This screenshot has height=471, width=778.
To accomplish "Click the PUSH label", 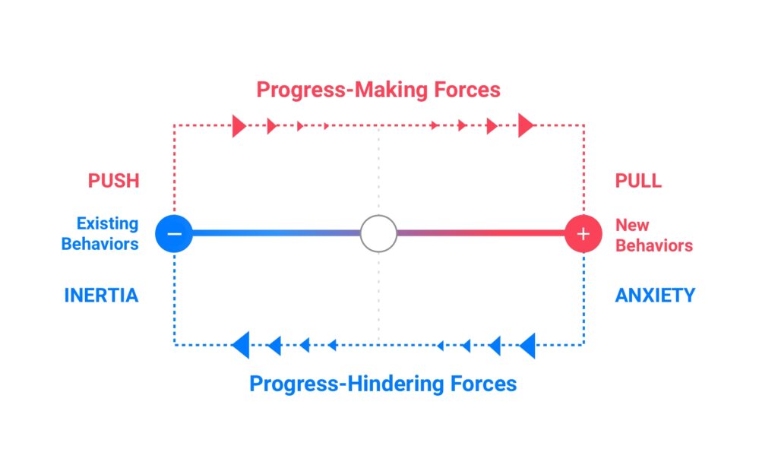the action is point(114,181).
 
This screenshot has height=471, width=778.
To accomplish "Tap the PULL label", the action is point(638,181).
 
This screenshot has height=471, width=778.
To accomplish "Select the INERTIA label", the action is point(101,296).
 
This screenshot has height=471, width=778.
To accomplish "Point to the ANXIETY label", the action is point(655,296).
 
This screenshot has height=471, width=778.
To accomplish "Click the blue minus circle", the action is point(174,234).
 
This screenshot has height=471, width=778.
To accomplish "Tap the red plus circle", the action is point(583,234).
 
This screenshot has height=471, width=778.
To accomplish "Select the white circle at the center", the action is point(378,234).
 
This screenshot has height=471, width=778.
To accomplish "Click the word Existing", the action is point(107,224).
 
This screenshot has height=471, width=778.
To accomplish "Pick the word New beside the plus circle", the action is point(632,226).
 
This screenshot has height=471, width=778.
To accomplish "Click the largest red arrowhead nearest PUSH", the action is point(239,126).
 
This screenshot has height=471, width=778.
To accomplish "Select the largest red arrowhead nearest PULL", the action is point(526,125).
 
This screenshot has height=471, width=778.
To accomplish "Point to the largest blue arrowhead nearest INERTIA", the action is point(241,345).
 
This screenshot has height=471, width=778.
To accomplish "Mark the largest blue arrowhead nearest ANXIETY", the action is point(527,346).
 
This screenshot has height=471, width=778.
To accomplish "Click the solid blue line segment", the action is point(277,233).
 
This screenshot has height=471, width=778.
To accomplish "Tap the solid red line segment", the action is point(481,233).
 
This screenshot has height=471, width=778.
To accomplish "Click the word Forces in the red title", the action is point(467,90).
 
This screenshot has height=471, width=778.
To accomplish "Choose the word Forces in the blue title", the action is point(483,384).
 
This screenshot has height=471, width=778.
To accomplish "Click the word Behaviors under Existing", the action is point(100,244).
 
